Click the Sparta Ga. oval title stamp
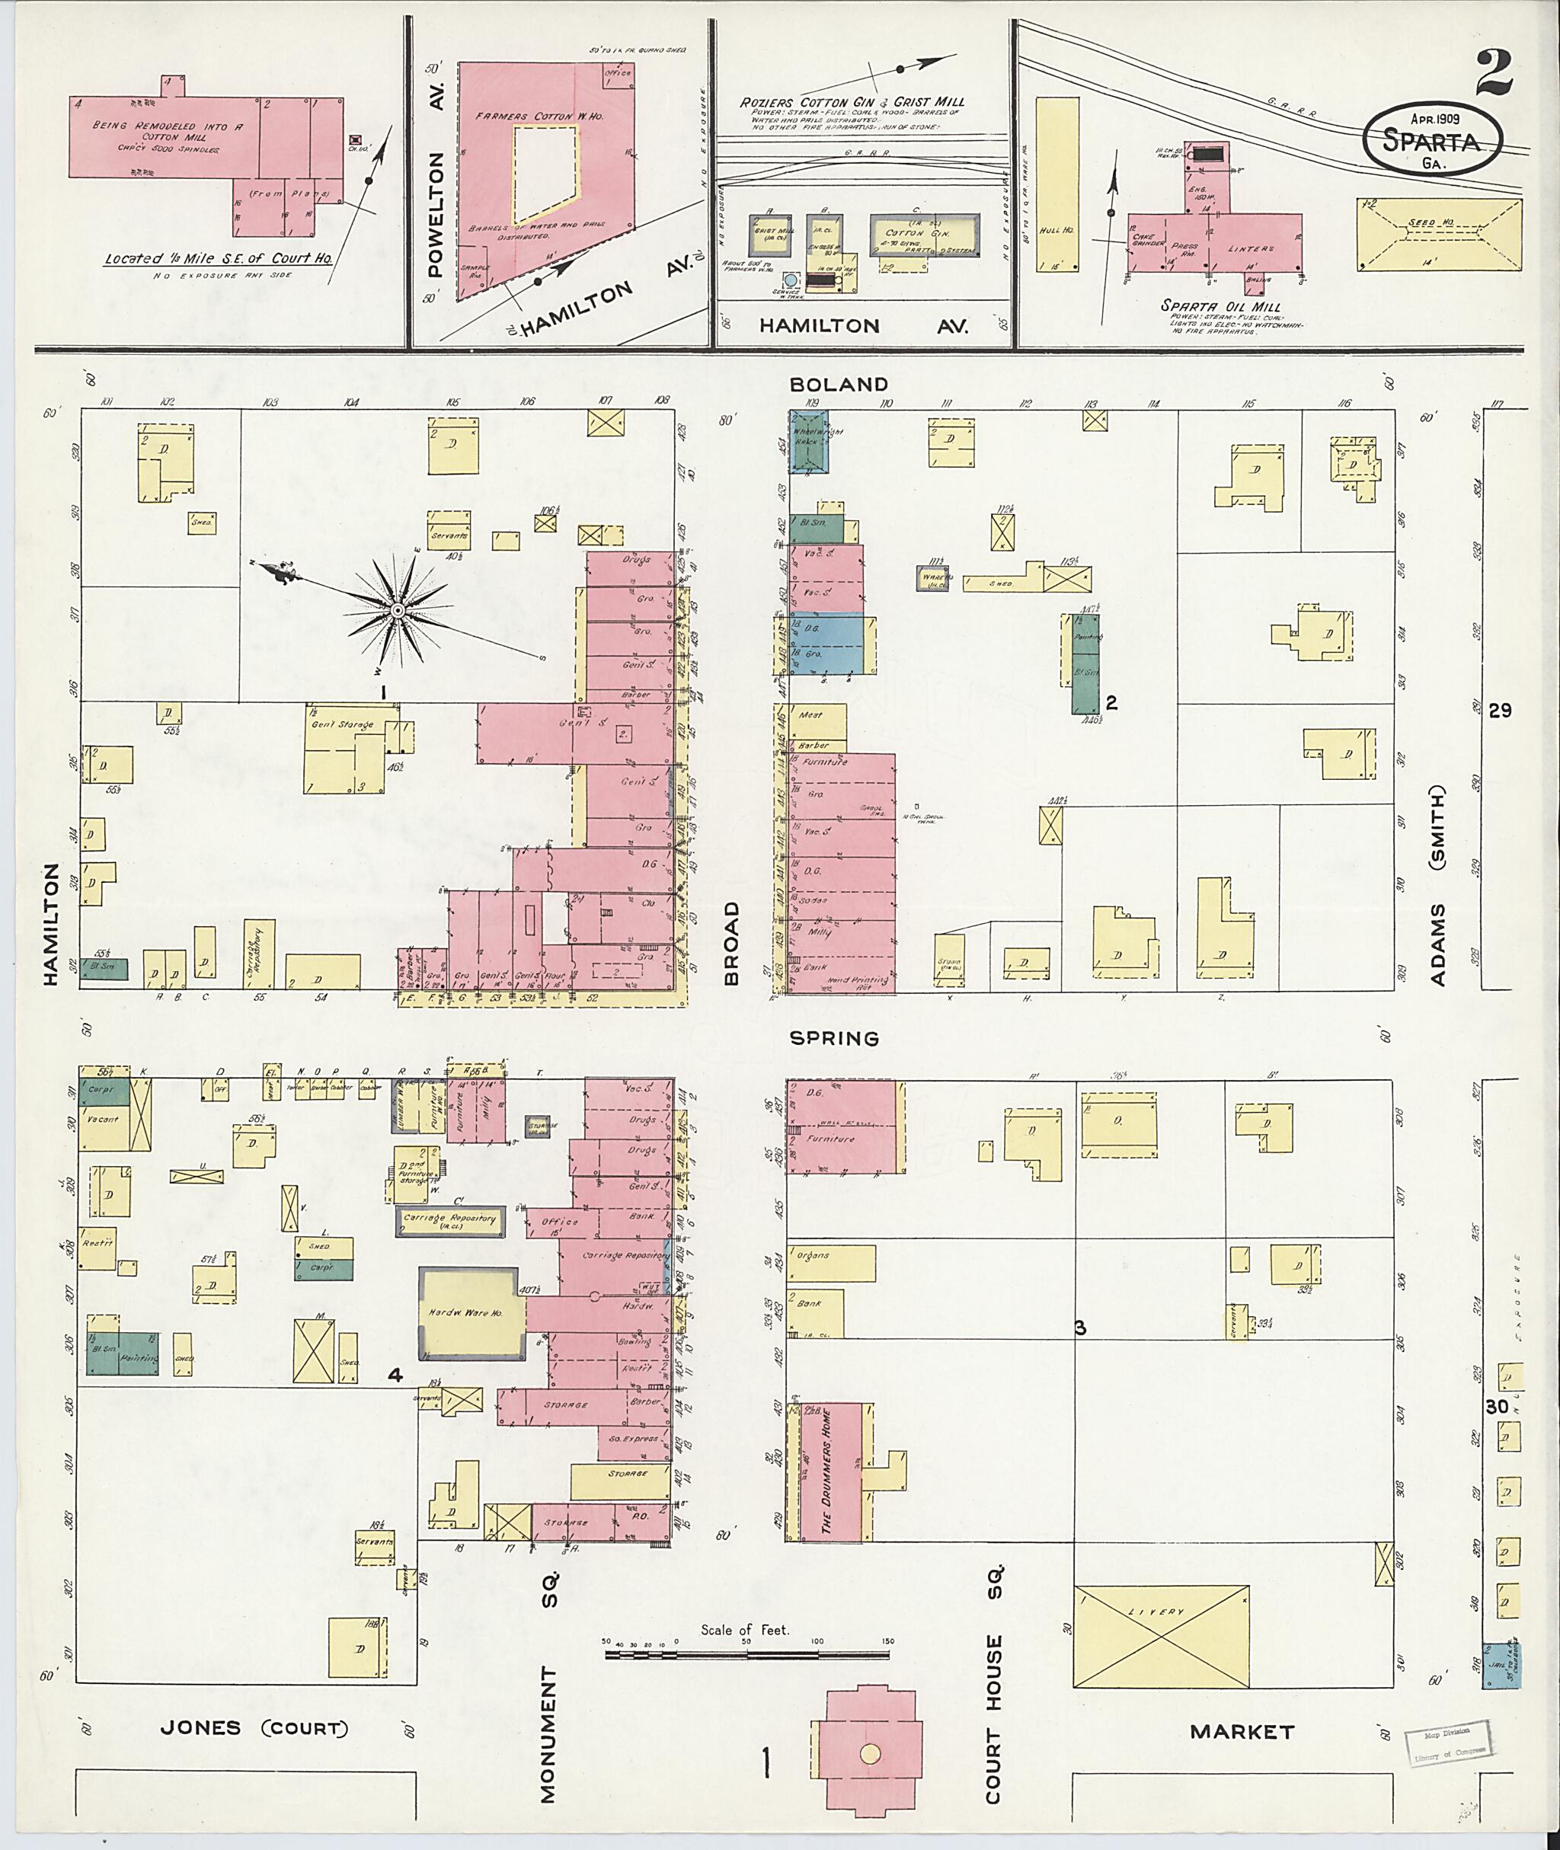pos(1434,138)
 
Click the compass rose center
pos(397,611)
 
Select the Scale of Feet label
pos(745,1629)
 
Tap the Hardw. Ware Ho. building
pos(472,1312)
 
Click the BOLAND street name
pos(839,384)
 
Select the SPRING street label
pos(835,1038)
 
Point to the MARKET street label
pos(1242,1730)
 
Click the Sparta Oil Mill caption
pos(1220,306)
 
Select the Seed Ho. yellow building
pos(1440,235)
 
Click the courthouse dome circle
pos(871,1753)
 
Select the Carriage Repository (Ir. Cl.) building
pos(449,1220)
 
